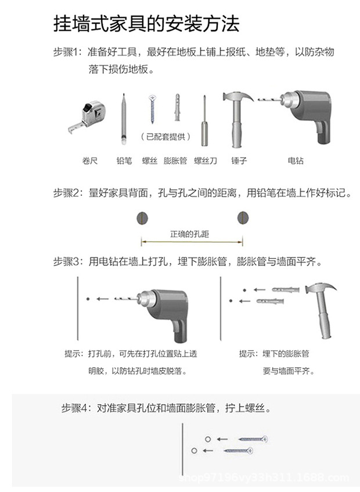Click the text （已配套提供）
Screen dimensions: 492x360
pyautogui.click(x=165, y=137)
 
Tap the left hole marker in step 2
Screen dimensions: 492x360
pyautogui.click(x=141, y=218)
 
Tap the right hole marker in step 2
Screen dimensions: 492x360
pyautogui.click(x=242, y=218)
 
